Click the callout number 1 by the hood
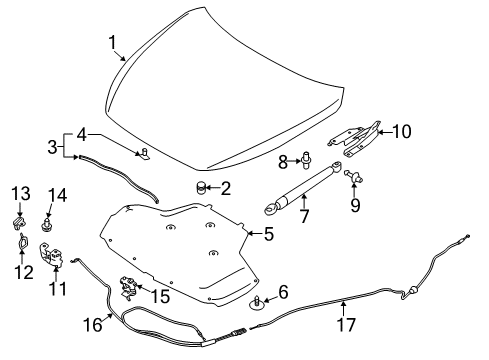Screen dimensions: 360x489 click(x=114, y=42)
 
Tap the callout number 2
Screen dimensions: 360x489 click(x=227, y=187)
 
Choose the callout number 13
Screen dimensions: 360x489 click(x=19, y=190)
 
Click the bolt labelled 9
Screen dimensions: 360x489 click(x=353, y=177)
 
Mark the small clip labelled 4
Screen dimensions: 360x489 click(x=144, y=152)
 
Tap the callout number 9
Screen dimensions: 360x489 click(x=354, y=205)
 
